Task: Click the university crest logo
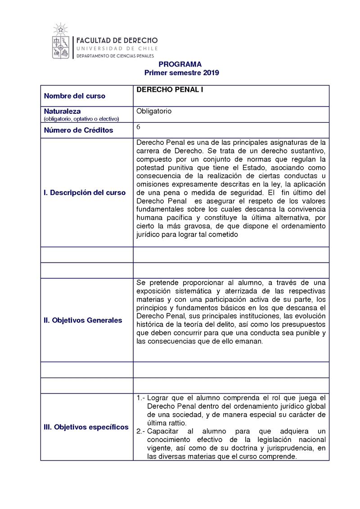click(61, 43)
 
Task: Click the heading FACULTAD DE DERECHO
click(117, 40)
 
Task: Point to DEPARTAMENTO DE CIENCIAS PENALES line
click(115, 56)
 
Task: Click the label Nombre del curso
click(75, 96)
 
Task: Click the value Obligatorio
click(154, 111)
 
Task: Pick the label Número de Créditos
click(78, 130)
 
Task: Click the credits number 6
click(139, 127)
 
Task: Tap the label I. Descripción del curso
click(85, 192)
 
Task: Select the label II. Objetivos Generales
click(83, 320)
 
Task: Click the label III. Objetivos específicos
click(86, 427)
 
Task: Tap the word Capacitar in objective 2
click(162, 431)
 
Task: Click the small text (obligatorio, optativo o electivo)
click(81, 119)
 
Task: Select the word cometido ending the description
click(222, 234)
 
